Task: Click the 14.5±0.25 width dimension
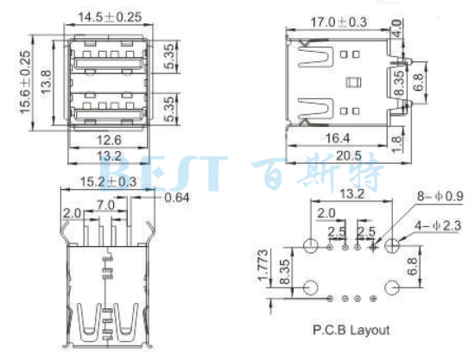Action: click(x=108, y=16)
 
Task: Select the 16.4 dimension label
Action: click(x=332, y=138)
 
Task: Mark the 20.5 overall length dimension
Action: click(x=346, y=155)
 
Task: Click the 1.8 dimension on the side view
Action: click(x=396, y=137)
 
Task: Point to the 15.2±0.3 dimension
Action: click(x=107, y=181)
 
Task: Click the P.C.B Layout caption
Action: click(x=350, y=330)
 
